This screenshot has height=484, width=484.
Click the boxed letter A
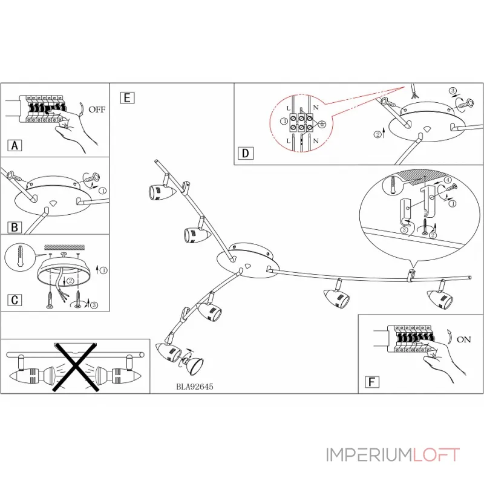point(15,145)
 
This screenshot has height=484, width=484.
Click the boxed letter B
point(15,227)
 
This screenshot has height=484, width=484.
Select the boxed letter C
point(15,299)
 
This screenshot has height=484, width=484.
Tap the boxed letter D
point(246,153)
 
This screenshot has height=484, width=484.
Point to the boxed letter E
point(127,98)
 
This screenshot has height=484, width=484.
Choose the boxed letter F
point(372,382)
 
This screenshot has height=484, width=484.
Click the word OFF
point(97,110)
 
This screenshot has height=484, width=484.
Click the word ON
point(463,339)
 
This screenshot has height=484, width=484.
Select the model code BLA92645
point(194,387)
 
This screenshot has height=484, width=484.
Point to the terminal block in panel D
point(301,122)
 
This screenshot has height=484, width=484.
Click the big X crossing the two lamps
point(76,367)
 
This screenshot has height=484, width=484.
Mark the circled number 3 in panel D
point(453,91)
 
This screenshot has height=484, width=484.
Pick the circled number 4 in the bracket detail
point(448,180)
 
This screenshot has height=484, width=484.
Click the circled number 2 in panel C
point(71,281)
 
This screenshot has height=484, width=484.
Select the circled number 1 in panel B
point(102,191)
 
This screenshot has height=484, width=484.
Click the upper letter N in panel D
point(315,108)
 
